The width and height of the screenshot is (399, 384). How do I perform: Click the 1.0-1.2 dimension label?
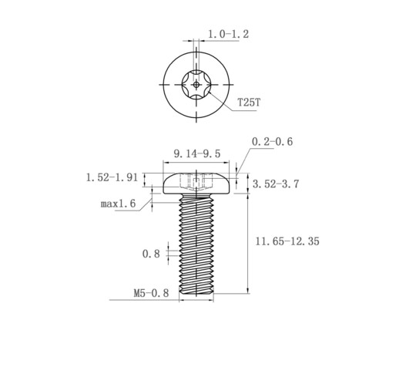[228, 34]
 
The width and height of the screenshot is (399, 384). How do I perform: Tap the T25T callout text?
[249, 103]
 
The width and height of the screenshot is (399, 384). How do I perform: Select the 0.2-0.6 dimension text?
[272, 142]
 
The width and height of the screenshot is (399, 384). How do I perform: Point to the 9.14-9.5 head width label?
[197, 153]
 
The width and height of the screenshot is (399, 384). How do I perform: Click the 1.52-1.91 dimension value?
[112, 177]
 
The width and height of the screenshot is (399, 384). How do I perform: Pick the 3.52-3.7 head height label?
[276, 184]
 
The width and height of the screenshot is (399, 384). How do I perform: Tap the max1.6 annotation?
[118, 204]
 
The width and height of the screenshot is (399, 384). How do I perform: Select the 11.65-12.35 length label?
[287, 241]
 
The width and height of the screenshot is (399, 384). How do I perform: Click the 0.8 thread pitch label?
[151, 254]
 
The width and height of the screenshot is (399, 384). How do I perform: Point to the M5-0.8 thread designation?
[151, 293]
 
